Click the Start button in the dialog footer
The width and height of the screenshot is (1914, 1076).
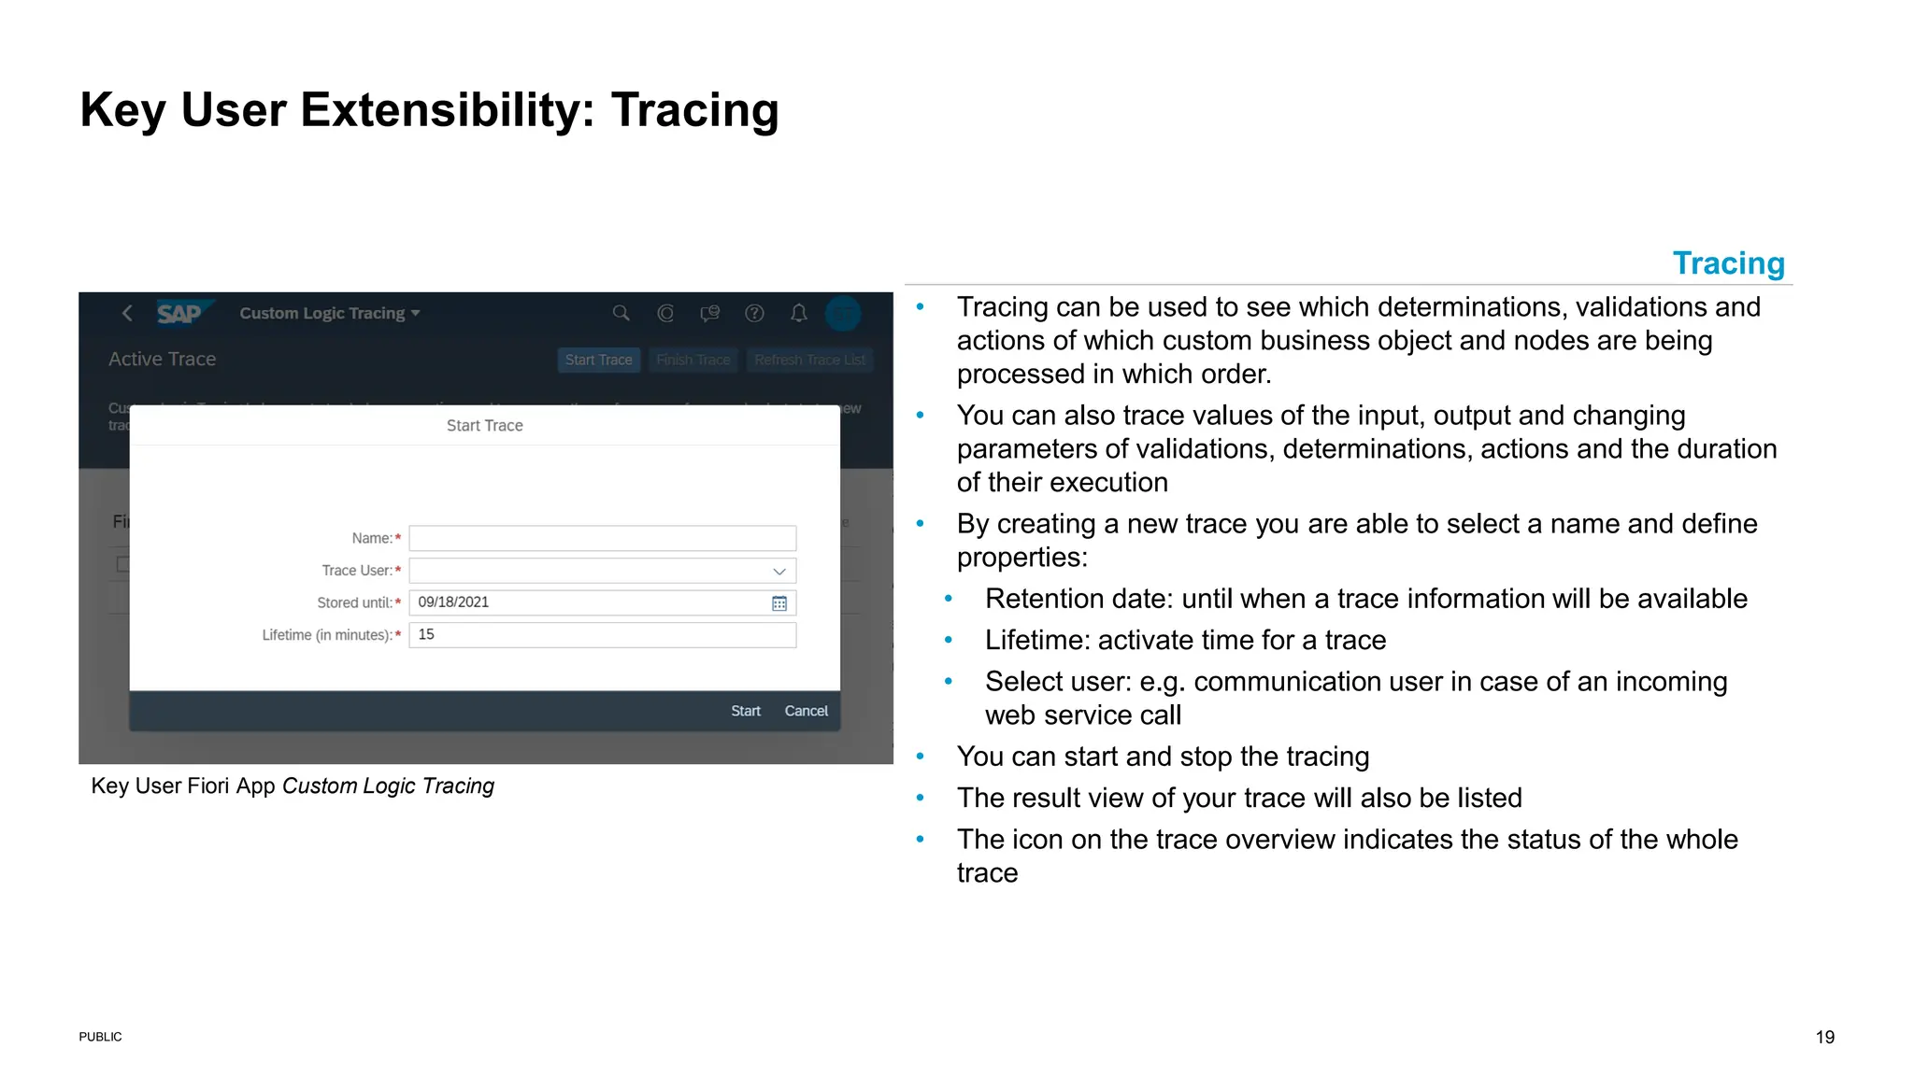tap(745, 711)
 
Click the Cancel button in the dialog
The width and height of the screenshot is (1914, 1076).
tap(806, 711)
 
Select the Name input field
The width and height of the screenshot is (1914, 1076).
tap(602, 538)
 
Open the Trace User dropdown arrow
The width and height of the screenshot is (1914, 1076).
tap(778, 571)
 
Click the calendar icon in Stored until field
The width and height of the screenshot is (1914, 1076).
tap(778, 603)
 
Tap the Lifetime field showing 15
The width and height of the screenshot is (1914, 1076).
tap(602, 635)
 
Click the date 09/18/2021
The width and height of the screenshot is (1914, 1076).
tap(453, 602)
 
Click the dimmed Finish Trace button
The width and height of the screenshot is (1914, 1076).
tap(693, 360)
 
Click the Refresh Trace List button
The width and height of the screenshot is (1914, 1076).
tap(809, 360)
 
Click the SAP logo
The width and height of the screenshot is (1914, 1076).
tap(180, 314)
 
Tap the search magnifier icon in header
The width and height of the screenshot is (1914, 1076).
tap(621, 313)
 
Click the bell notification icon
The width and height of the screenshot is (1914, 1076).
tap(798, 313)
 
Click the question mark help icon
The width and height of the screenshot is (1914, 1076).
tap(754, 313)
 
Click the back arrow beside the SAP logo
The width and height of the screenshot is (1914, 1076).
tap(128, 313)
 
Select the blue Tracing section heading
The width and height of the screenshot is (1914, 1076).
tap(1728, 263)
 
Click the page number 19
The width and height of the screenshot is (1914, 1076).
tap(1824, 1037)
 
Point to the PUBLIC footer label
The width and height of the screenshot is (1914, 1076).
tap(100, 1037)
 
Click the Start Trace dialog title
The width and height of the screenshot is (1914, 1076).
tap(484, 426)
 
